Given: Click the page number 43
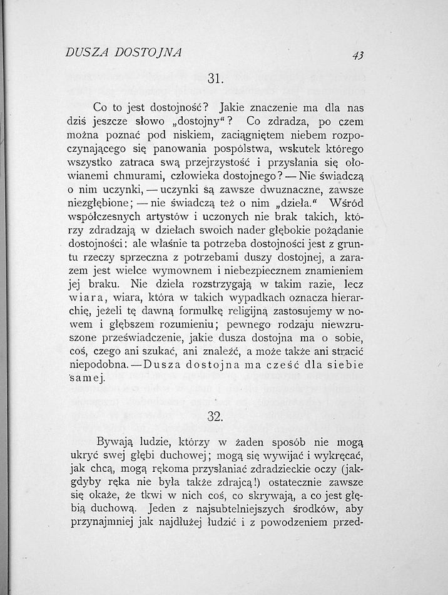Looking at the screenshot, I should [358, 55].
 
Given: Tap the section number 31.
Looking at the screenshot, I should [215, 79].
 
